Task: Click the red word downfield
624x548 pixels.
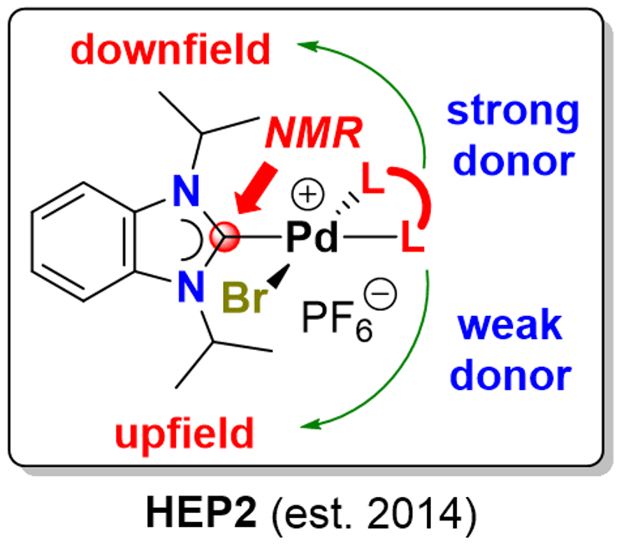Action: pyautogui.click(x=170, y=49)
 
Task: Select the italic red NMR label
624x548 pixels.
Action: pyautogui.click(x=314, y=133)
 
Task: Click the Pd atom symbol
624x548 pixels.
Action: pyautogui.click(x=312, y=237)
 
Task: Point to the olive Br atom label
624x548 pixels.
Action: pyautogui.click(x=245, y=297)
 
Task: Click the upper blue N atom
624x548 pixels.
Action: pyautogui.click(x=186, y=191)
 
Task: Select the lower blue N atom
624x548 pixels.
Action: pyautogui.click(x=191, y=286)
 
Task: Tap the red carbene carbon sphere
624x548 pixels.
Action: pyautogui.click(x=225, y=237)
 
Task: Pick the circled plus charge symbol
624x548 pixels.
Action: pyautogui.click(x=307, y=194)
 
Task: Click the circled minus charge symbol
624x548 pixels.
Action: pyautogui.click(x=380, y=293)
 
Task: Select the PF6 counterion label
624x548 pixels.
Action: pyautogui.click(x=337, y=321)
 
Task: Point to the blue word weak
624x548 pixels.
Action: pyautogui.click(x=510, y=325)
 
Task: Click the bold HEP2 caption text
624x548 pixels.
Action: pyautogui.click(x=202, y=513)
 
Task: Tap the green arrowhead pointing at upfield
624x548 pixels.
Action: pyautogui.click(x=311, y=425)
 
